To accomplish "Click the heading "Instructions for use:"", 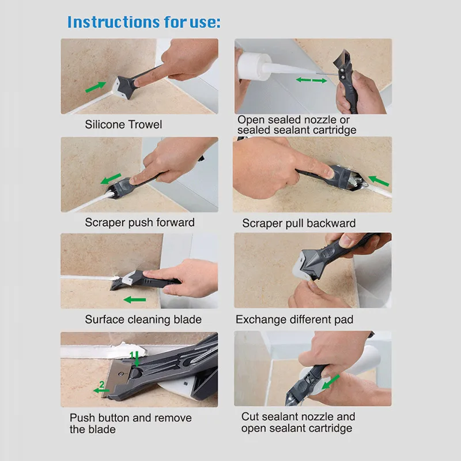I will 143,22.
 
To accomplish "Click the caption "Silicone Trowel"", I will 124,124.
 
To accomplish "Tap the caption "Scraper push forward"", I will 139,222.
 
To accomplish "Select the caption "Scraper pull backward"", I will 298,223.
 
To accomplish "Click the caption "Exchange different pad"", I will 294,319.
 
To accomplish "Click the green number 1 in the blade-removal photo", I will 132,355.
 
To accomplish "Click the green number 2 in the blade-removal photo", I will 102,384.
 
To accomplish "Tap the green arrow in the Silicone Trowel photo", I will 96,87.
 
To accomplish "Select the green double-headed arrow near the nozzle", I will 311,80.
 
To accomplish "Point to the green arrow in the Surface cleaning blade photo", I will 135,300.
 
